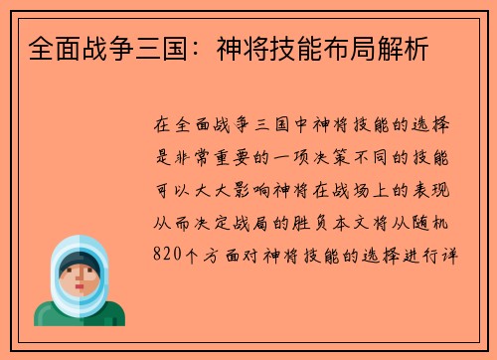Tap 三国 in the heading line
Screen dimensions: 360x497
145,49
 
